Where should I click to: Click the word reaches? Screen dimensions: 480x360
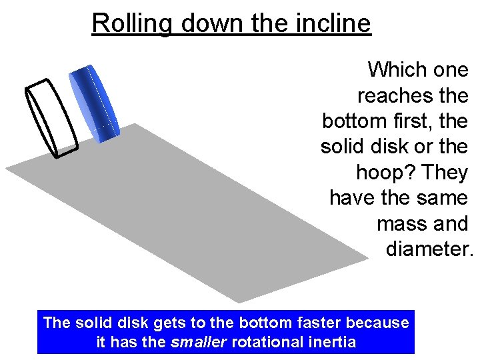(x=396, y=95)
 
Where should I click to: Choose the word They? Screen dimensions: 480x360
(x=445, y=172)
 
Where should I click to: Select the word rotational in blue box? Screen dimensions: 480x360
(x=270, y=343)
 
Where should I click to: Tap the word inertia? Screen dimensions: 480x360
(x=331, y=343)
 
